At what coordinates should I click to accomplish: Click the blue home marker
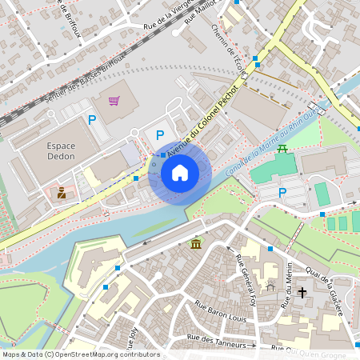[x=180, y=173]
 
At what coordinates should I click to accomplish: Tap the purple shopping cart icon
[x=114, y=101]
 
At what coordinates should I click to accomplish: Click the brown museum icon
[x=195, y=243]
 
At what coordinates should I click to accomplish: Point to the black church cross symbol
[x=302, y=292]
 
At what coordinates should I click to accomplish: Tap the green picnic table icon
[x=282, y=148]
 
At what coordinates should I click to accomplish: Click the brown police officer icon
[x=62, y=192]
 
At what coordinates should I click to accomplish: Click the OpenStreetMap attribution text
[x=80, y=354]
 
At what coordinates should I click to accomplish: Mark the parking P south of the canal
[x=282, y=192]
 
